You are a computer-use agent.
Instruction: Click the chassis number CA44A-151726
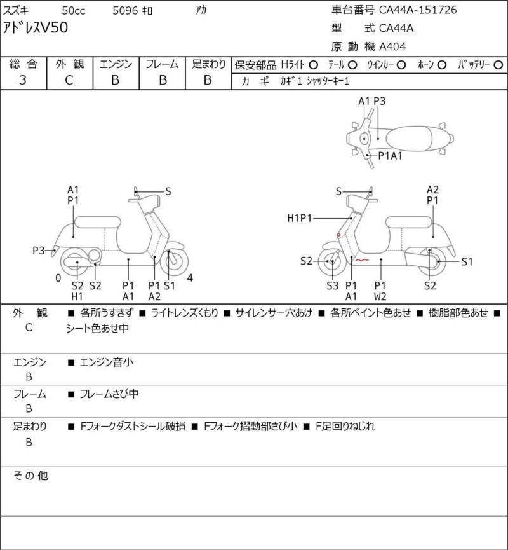tap(418, 10)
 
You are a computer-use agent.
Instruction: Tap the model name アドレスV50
tap(36, 28)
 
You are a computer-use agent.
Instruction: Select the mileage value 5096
tap(125, 11)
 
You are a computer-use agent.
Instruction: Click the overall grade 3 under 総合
tap(23, 80)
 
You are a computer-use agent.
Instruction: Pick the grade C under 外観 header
tap(69, 80)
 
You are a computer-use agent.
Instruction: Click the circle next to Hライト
tap(313, 65)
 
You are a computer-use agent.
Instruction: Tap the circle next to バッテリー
tap(498, 65)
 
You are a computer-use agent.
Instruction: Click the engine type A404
tap(392, 46)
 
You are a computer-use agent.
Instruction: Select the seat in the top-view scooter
tap(408, 138)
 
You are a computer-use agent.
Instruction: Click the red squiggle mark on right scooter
tap(362, 260)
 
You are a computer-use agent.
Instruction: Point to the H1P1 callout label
tap(299, 218)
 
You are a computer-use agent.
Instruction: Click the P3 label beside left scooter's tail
tap(39, 251)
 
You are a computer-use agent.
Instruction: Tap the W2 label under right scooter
tap(380, 297)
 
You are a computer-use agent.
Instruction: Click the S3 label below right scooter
tap(333, 286)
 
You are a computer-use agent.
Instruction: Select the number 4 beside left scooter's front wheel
tap(190, 278)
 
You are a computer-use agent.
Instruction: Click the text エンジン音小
tap(107, 362)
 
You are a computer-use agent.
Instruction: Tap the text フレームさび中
tap(109, 394)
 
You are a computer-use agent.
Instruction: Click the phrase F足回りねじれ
tap(345, 426)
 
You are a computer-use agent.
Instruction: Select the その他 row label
tap(30, 476)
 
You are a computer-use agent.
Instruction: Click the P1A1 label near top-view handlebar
tap(390, 155)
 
